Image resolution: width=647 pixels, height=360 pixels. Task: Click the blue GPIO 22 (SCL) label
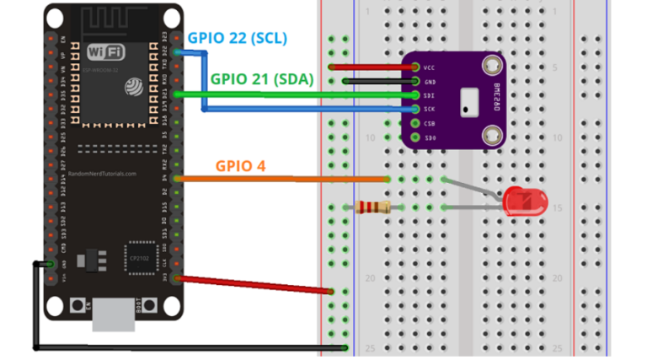click(x=237, y=38)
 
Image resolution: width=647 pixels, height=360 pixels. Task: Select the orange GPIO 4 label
click(x=240, y=165)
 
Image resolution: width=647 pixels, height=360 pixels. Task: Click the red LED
click(x=524, y=202)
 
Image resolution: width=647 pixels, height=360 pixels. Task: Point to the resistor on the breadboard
click(x=372, y=207)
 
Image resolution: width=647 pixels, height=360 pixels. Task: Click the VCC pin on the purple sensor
click(x=415, y=67)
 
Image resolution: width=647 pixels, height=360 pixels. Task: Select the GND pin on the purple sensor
click(x=415, y=81)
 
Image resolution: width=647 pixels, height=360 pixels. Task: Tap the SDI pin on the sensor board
click(x=415, y=95)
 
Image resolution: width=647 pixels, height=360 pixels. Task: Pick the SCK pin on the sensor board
click(x=415, y=110)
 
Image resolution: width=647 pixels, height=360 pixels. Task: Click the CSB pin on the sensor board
click(x=415, y=123)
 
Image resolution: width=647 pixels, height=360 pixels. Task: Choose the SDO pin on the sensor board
click(x=415, y=137)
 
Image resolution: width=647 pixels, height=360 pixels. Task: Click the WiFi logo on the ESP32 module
click(x=106, y=52)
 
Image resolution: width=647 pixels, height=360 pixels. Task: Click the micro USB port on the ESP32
click(x=112, y=316)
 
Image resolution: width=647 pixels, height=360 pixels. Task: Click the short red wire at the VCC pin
click(x=371, y=67)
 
